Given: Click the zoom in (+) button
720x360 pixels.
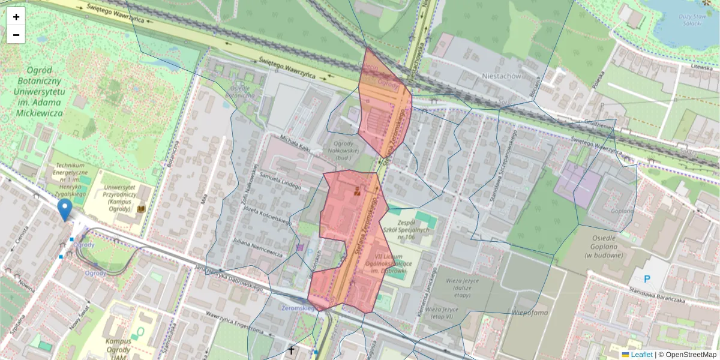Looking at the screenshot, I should tap(16, 17).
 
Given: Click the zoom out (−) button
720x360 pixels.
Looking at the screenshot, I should tap(16, 35).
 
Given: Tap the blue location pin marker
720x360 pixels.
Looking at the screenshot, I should tap(65, 210).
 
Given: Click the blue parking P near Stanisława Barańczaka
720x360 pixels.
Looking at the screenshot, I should tap(647, 279).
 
